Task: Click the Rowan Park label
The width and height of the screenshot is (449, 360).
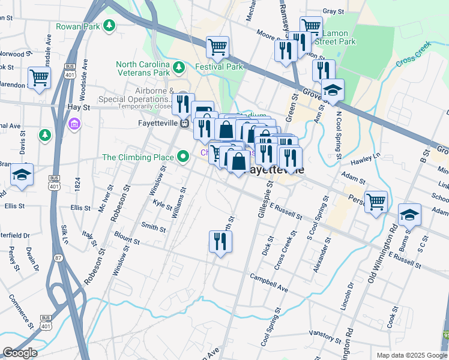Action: [x=78, y=26]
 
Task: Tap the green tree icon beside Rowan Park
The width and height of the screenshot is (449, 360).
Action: [x=109, y=25]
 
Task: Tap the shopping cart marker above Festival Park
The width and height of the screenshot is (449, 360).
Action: [x=218, y=47]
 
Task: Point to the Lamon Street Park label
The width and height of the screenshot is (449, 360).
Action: [x=339, y=37]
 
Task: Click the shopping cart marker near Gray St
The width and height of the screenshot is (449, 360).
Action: [x=311, y=26]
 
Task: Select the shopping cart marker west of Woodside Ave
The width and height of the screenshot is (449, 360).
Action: [x=39, y=77]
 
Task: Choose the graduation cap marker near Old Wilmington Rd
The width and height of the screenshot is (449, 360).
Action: [x=409, y=214]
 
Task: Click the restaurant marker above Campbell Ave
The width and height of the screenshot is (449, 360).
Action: [x=220, y=241]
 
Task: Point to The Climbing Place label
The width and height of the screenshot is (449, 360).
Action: [x=137, y=157]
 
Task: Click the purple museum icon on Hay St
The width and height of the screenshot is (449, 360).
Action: [x=74, y=124]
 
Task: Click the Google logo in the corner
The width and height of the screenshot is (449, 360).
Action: [x=20, y=353]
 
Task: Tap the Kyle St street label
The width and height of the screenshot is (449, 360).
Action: [x=163, y=204]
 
